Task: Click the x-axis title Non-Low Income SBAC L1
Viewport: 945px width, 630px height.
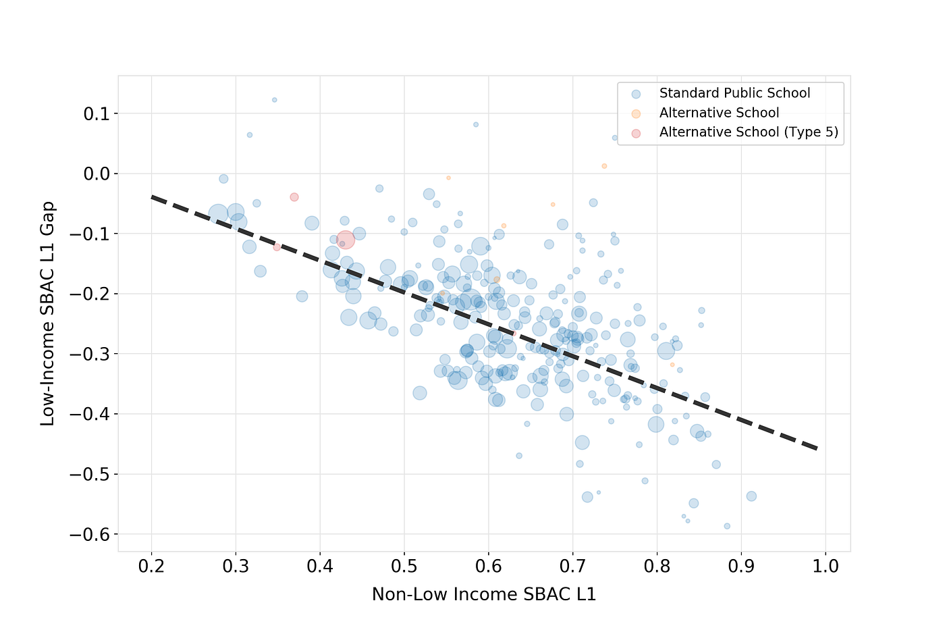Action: point(483,595)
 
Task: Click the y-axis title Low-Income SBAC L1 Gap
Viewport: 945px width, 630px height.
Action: point(47,313)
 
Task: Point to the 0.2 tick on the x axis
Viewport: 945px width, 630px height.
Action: point(151,565)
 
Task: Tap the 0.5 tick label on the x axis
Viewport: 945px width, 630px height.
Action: point(404,565)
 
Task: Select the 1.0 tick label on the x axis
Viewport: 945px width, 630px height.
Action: point(826,565)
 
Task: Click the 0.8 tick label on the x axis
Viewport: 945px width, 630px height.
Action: point(657,565)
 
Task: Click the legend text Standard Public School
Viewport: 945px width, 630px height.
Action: point(734,93)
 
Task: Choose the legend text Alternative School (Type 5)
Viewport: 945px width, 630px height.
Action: point(749,132)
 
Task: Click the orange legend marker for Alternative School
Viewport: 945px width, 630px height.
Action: point(636,113)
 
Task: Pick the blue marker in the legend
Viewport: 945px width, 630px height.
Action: point(636,93)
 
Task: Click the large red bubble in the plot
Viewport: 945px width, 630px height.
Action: point(345,240)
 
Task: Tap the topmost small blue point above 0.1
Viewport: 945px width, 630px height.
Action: point(274,100)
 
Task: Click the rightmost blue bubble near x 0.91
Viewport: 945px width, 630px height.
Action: point(751,496)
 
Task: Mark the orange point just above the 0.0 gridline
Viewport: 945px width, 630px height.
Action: point(604,166)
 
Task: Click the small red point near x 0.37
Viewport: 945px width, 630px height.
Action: point(294,197)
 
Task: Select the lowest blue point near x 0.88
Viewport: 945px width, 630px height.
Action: point(727,526)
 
